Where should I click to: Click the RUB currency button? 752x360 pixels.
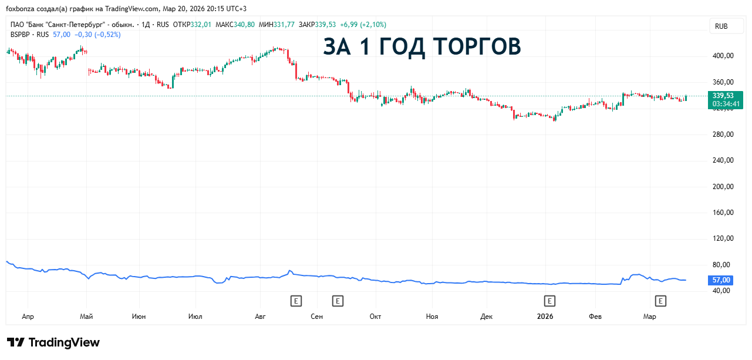pos(721,26)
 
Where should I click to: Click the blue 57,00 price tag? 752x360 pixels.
pos(721,280)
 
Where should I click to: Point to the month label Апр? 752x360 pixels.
pos(28,317)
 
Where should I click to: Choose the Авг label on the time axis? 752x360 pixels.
pos(260,317)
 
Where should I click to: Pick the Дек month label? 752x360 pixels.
pos(486,317)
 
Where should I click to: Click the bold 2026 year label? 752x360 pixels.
pos(545,317)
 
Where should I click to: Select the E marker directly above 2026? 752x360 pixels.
pos(549,301)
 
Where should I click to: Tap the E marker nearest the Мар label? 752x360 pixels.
pos(660,301)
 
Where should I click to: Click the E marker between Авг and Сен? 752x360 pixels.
pos(296,301)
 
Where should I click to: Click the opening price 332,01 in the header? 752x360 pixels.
pos(201,25)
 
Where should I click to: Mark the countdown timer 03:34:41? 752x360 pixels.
pos(726,104)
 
